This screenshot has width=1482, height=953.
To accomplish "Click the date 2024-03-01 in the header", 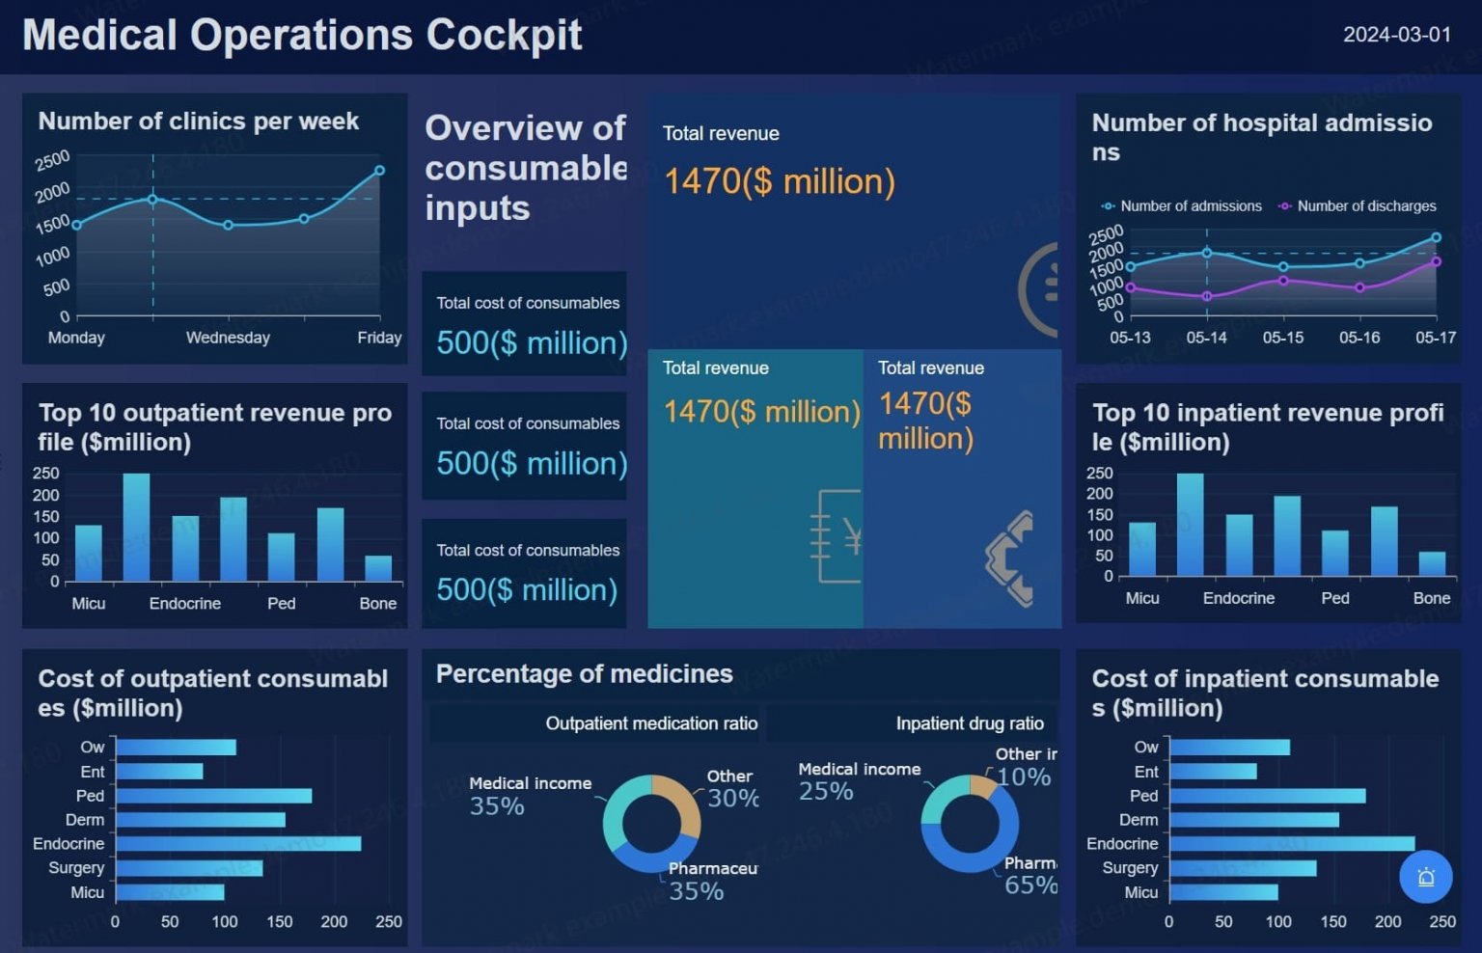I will (x=1396, y=35).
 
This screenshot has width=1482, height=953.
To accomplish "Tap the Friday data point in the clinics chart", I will (x=379, y=171).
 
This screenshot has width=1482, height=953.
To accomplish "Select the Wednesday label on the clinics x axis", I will (x=228, y=338).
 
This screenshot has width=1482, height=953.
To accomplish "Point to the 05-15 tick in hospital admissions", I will (x=1282, y=338).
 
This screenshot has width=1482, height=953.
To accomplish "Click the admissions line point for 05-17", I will (x=1436, y=237).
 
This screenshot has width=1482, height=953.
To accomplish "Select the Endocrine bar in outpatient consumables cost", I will (x=238, y=844).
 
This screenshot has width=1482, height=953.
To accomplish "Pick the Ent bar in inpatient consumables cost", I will (x=1213, y=772).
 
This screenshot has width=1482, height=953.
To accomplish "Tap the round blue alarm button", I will (x=1425, y=877).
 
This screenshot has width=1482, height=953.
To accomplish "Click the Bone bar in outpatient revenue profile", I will (x=378, y=568).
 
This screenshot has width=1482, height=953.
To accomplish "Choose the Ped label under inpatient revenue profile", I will (x=1334, y=598).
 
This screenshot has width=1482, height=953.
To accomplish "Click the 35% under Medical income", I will (x=497, y=806).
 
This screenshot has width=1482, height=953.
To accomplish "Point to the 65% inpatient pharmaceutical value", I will (x=1029, y=885).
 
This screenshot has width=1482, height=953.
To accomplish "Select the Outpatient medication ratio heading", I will (x=651, y=723).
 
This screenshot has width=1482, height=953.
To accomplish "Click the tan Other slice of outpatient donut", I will (x=681, y=799).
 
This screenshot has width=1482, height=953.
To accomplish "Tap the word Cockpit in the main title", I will (x=504, y=35).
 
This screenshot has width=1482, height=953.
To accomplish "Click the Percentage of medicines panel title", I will (x=584, y=674).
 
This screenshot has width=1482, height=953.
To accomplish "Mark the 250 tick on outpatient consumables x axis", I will (x=389, y=922).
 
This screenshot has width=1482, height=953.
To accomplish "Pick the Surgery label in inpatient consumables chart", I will (x=1130, y=868).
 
